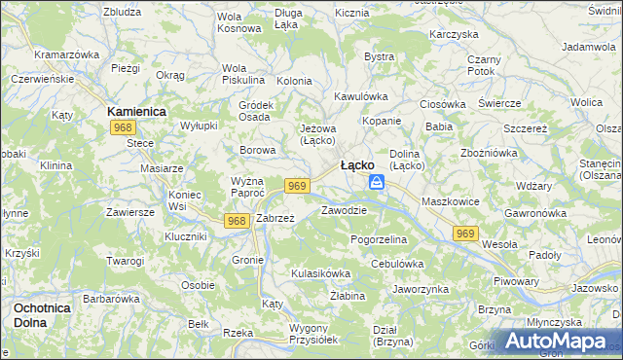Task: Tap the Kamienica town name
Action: click(136, 112)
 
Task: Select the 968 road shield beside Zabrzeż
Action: click(236, 221)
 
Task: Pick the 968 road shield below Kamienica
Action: click(123, 128)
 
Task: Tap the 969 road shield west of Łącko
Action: click(298, 186)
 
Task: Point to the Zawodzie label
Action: click(344, 210)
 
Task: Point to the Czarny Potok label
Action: click(483, 65)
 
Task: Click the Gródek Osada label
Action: click(255, 111)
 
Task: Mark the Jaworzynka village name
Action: click(420, 289)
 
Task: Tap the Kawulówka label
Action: click(361, 96)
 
